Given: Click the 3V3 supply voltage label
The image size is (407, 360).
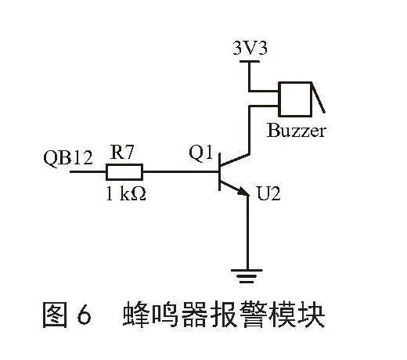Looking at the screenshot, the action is pos(250,49).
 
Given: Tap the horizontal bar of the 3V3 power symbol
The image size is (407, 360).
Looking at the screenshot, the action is pos(250,62).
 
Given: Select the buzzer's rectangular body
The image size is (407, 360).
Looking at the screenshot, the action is pos(295,99).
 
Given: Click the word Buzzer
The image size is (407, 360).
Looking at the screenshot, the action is pos(297,131).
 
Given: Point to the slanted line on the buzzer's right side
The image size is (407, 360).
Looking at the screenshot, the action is pos(319,98).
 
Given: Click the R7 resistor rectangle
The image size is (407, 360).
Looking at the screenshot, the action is pos(124,172).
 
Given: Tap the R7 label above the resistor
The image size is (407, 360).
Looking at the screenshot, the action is pos(122,152).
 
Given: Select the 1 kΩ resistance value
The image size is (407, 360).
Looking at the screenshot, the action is pos(126,194).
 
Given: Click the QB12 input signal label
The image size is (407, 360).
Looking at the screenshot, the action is pos(68,157).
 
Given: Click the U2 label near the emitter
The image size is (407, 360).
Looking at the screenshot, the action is pos(268,193).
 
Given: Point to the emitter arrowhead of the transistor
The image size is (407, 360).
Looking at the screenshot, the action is pos(243,192).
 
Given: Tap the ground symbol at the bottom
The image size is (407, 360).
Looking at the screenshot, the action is pos(247,276).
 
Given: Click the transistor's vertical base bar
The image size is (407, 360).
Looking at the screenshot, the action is pos(219,172).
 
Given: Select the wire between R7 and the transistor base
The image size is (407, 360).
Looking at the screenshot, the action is pos(181,172).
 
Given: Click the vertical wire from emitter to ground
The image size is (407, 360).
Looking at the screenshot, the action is pos(247,232).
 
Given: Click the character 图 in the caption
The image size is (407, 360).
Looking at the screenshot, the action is pos(55,315).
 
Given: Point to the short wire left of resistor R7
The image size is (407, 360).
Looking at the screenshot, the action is pos(88,172).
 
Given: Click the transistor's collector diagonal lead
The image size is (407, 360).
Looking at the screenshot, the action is pos(234,160).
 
